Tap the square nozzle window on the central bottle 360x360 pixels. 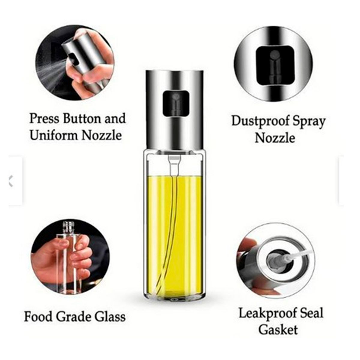pyautogui.click(x=173, y=104)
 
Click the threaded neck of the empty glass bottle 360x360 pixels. pyautogui.click(x=69, y=226)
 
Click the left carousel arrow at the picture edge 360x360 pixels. pyautogui.click(x=11, y=181)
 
